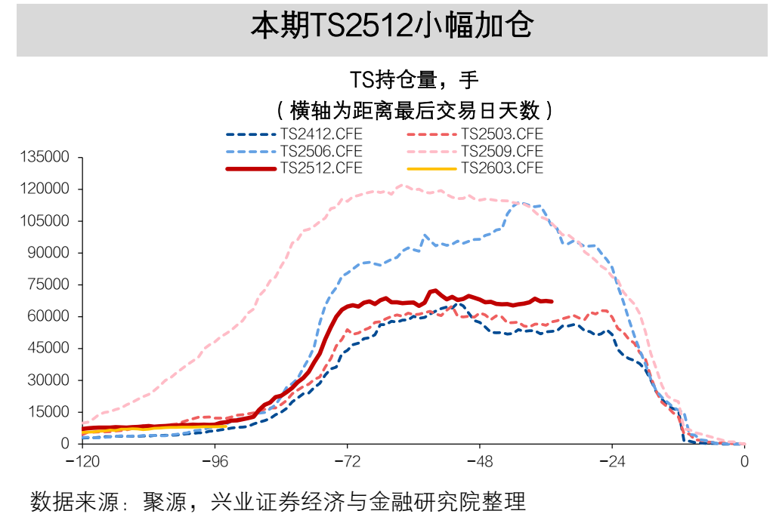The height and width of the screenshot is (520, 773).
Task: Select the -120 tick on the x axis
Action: point(82,460)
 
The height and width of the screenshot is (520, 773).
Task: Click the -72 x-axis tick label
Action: point(347,460)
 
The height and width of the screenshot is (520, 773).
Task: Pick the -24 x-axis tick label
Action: point(612,460)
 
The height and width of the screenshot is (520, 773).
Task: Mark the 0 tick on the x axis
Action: point(745,460)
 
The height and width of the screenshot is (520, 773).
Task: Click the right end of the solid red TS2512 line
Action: point(552,301)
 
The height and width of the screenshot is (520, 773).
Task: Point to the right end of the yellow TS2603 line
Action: point(225,426)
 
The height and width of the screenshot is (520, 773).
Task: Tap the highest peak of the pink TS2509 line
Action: point(400,185)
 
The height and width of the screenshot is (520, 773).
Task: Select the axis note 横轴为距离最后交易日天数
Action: point(415,110)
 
